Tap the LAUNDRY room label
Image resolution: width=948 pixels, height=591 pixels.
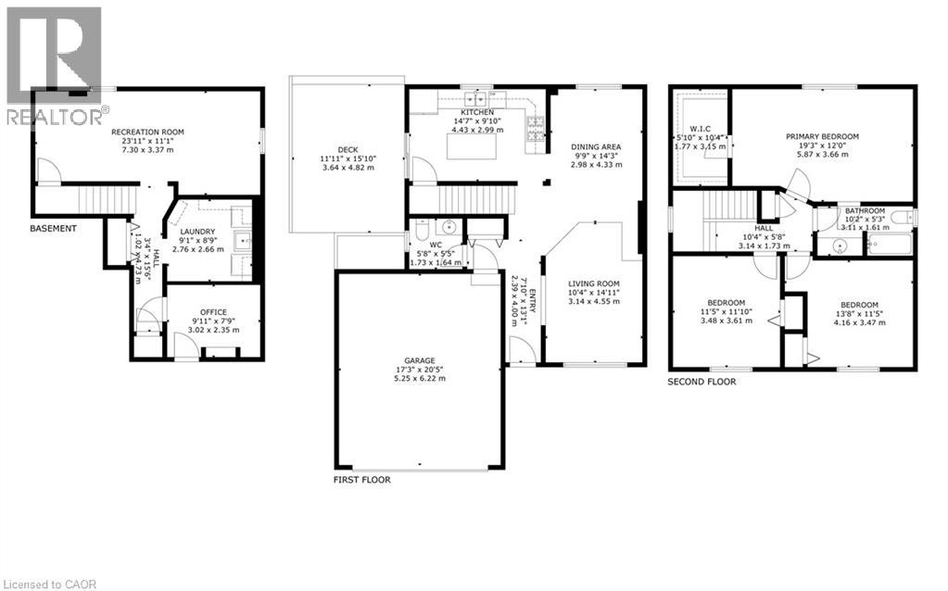[197, 232]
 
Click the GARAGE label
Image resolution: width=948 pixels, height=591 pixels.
[419, 360]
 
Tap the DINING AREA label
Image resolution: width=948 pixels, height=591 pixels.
[596, 146]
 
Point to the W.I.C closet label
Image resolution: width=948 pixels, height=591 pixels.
[700, 128]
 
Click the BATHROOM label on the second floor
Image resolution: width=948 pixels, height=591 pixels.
[864, 210]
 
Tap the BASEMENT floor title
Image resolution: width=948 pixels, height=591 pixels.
[53, 228]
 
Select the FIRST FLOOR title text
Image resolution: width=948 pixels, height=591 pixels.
[361, 480]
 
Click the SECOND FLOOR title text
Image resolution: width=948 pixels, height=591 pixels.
[702, 381]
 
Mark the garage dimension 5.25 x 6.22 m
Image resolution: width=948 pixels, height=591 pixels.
[419, 379]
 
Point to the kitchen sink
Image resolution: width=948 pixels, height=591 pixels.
[476, 96]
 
